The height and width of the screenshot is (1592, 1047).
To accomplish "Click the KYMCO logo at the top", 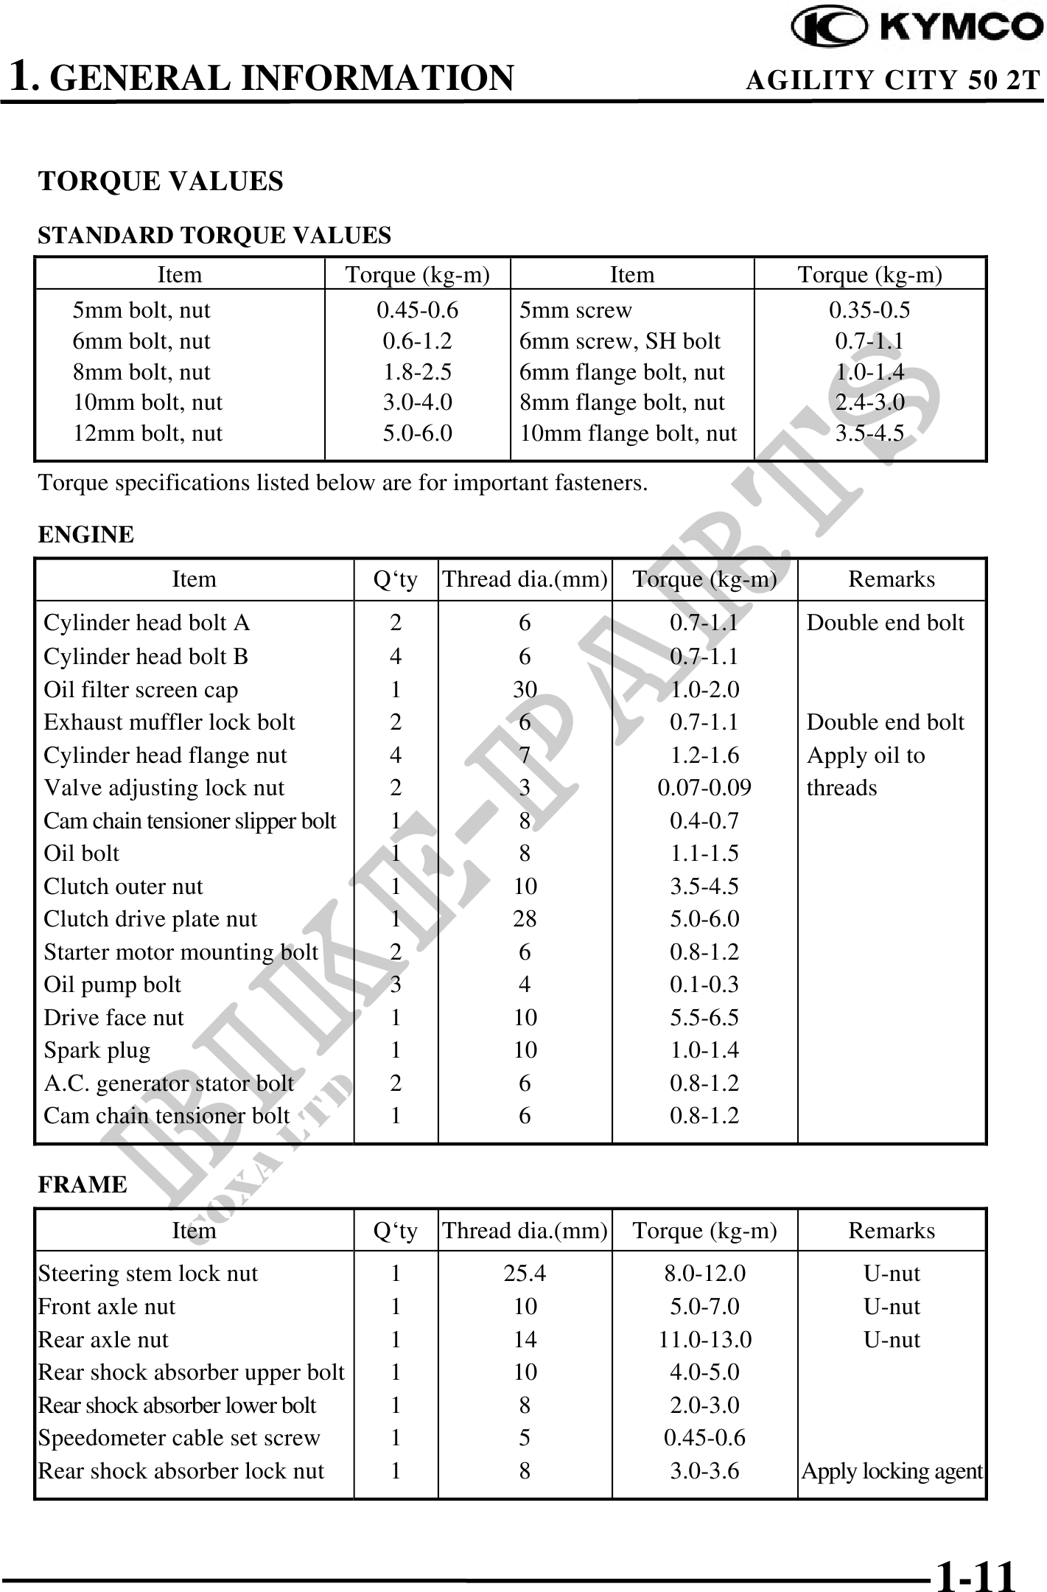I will click(917, 27).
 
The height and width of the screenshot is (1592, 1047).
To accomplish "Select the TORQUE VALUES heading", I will click(161, 181).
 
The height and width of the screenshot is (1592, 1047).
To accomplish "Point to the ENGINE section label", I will click(85, 534).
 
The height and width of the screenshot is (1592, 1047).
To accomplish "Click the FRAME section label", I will click(83, 1184).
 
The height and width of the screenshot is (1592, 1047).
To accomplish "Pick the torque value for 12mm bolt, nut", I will click(417, 433).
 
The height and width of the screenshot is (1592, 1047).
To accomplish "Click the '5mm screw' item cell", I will click(575, 310).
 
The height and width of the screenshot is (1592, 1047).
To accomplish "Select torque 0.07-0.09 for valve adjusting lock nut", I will click(704, 788).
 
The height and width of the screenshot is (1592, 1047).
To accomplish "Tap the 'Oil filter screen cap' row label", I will click(141, 690).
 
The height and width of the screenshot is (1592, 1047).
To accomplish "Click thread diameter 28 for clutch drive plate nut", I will click(525, 919).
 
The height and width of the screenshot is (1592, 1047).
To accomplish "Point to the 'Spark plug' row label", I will click(97, 1050).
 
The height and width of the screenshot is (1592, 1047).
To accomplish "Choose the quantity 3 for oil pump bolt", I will click(396, 985).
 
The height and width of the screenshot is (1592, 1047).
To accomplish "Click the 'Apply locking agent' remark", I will click(892, 1471).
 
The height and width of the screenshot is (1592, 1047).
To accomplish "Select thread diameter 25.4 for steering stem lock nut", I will click(525, 1274).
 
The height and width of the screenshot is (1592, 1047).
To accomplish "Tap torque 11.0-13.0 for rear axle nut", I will click(704, 1339).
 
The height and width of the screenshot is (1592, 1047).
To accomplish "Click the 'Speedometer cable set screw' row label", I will click(179, 1438).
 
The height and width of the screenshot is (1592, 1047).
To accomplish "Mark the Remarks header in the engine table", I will click(892, 579).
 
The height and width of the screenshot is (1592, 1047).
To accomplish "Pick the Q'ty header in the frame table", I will click(396, 1231).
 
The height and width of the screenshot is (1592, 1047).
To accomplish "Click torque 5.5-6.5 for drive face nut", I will click(704, 1018).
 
